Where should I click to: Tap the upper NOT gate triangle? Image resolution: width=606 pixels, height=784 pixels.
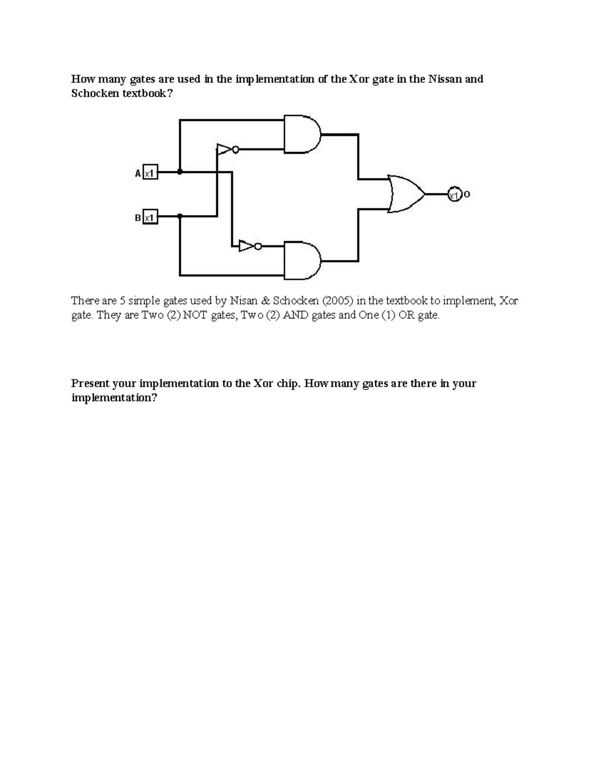point(224,149)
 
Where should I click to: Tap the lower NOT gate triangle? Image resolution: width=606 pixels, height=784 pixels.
point(247,246)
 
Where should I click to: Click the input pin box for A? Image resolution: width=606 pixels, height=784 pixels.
point(150,173)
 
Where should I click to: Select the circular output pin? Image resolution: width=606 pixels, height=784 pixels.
point(454,194)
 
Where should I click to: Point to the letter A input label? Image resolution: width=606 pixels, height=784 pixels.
point(137,173)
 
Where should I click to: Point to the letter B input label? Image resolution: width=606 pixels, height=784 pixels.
point(137,218)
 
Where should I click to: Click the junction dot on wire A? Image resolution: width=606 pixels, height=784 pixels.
point(180,172)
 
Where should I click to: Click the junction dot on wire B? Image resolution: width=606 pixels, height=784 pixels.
point(180,216)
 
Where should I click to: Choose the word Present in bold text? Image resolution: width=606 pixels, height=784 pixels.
point(89,384)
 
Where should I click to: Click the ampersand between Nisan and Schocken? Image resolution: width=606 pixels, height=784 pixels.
point(266,301)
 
